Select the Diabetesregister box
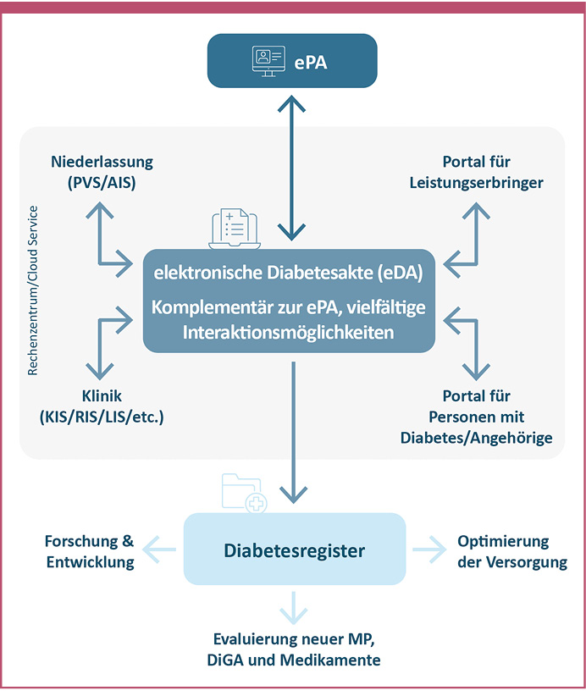pyautogui.click(x=294, y=550)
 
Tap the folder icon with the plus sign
pyautogui.click(x=243, y=493)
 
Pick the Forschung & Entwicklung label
pyautogui.click(x=90, y=551)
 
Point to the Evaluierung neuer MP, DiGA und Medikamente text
pyautogui.click(x=296, y=650)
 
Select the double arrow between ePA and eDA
pyautogui.click(x=293, y=168)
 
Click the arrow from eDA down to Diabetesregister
pyautogui.click(x=293, y=432)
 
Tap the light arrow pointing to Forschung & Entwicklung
pyautogui.click(x=160, y=550)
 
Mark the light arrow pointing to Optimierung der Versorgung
pyautogui.click(x=428, y=550)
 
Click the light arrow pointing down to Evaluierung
pyautogui.click(x=294, y=607)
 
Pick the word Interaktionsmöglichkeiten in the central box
pyautogui.click(x=288, y=332)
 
